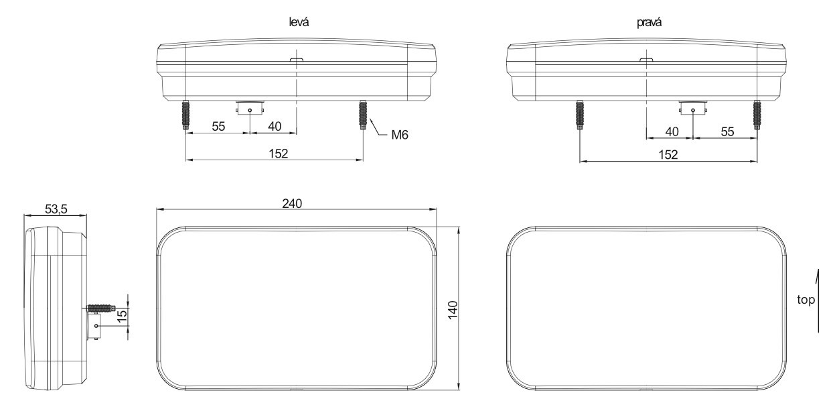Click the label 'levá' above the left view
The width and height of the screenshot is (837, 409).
pos(299,22)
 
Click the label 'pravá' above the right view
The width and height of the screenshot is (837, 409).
pos(649,22)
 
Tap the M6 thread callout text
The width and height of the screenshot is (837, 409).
pos(400,135)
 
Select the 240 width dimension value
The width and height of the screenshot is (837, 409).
pos(292,203)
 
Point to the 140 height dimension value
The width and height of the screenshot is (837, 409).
pos(453,310)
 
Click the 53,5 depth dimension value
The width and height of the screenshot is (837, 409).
pos(56,209)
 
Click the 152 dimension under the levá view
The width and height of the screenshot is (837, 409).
pos(279,154)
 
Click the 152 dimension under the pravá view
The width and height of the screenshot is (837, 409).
pos(668,154)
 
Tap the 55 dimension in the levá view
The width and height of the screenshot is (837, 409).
pos(218,126)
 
